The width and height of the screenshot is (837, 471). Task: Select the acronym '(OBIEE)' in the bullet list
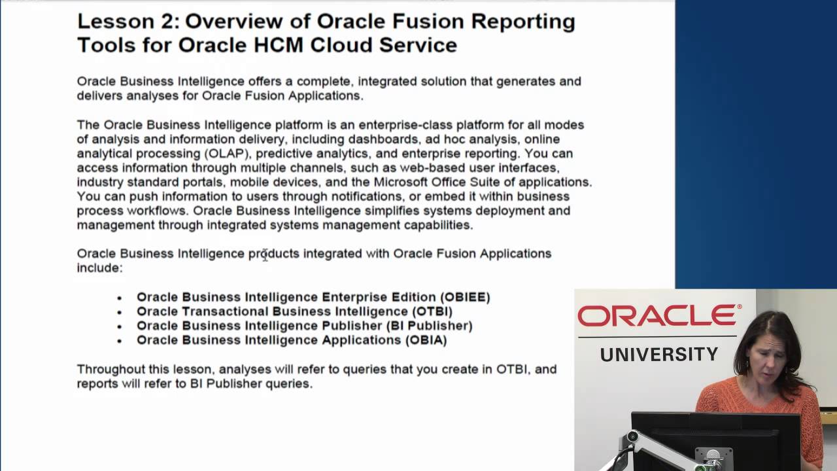coord(465,297)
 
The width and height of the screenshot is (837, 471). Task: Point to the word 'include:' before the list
coord(99,268)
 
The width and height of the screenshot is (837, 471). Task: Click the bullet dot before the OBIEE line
coord(120,298)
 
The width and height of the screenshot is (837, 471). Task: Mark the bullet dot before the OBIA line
coord(120,341)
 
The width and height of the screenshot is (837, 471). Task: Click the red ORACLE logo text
coord(659,316)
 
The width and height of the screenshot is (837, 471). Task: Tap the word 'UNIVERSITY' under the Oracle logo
coord(659,355)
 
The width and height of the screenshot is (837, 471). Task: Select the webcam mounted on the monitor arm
coord(632,437)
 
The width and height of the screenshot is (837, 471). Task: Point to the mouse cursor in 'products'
coord(265,256)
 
